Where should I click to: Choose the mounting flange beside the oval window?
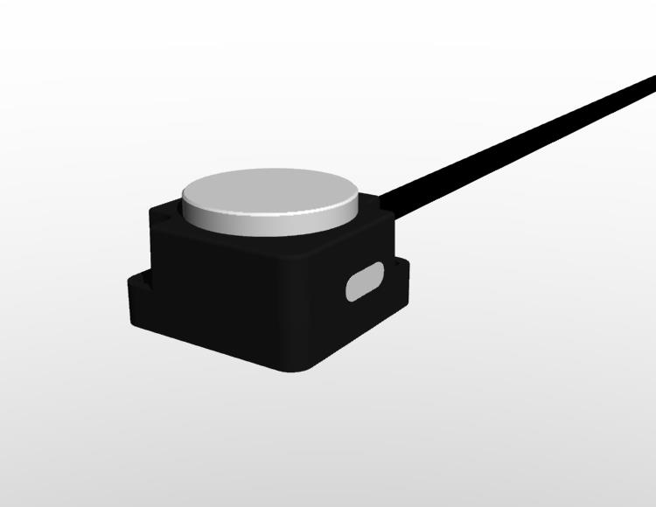pos(401,271)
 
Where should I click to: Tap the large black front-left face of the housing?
pos(219,297)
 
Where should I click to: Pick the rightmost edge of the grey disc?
pos(359,199)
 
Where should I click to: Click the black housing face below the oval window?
pos(359,323)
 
